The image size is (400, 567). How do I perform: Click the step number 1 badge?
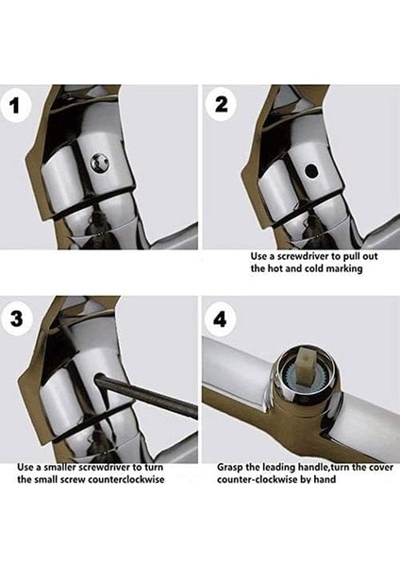pos(15,106)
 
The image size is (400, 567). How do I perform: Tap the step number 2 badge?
pos(221,105)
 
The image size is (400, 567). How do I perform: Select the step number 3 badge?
pos(17,319)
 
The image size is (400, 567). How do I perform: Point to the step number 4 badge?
pos(220,319)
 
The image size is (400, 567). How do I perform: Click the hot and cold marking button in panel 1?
pos(100,162)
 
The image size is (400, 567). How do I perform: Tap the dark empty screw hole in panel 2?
pos(310,171)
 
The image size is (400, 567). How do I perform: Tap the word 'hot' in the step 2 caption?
pos(275,268)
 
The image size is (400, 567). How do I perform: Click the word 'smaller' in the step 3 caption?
pos(61,467)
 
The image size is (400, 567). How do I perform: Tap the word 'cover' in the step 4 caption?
pos(381,468)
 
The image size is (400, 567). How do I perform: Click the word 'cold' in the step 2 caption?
pos(315,268)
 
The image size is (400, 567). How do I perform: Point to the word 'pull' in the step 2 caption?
pos(350,257)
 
